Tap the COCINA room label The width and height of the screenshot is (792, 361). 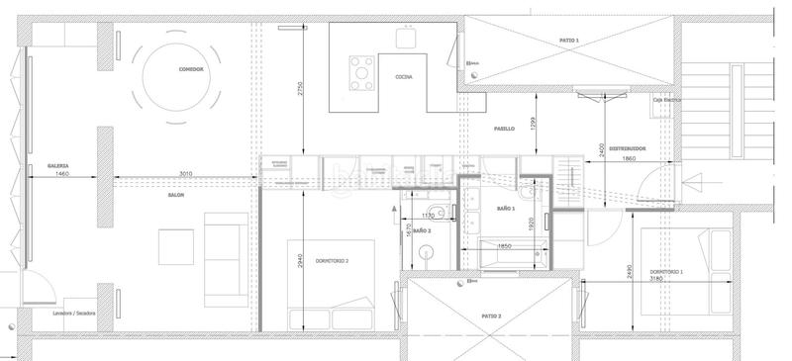point(403,76)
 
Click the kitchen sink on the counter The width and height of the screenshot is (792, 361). point(406,38)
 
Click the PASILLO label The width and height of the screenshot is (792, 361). point(504,129)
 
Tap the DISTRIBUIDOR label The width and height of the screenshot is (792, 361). point(627,148)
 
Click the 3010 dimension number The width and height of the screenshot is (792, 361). point(185,174)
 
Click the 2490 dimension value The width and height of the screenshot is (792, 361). point(631,273)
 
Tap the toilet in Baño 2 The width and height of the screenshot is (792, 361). point(426,254)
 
